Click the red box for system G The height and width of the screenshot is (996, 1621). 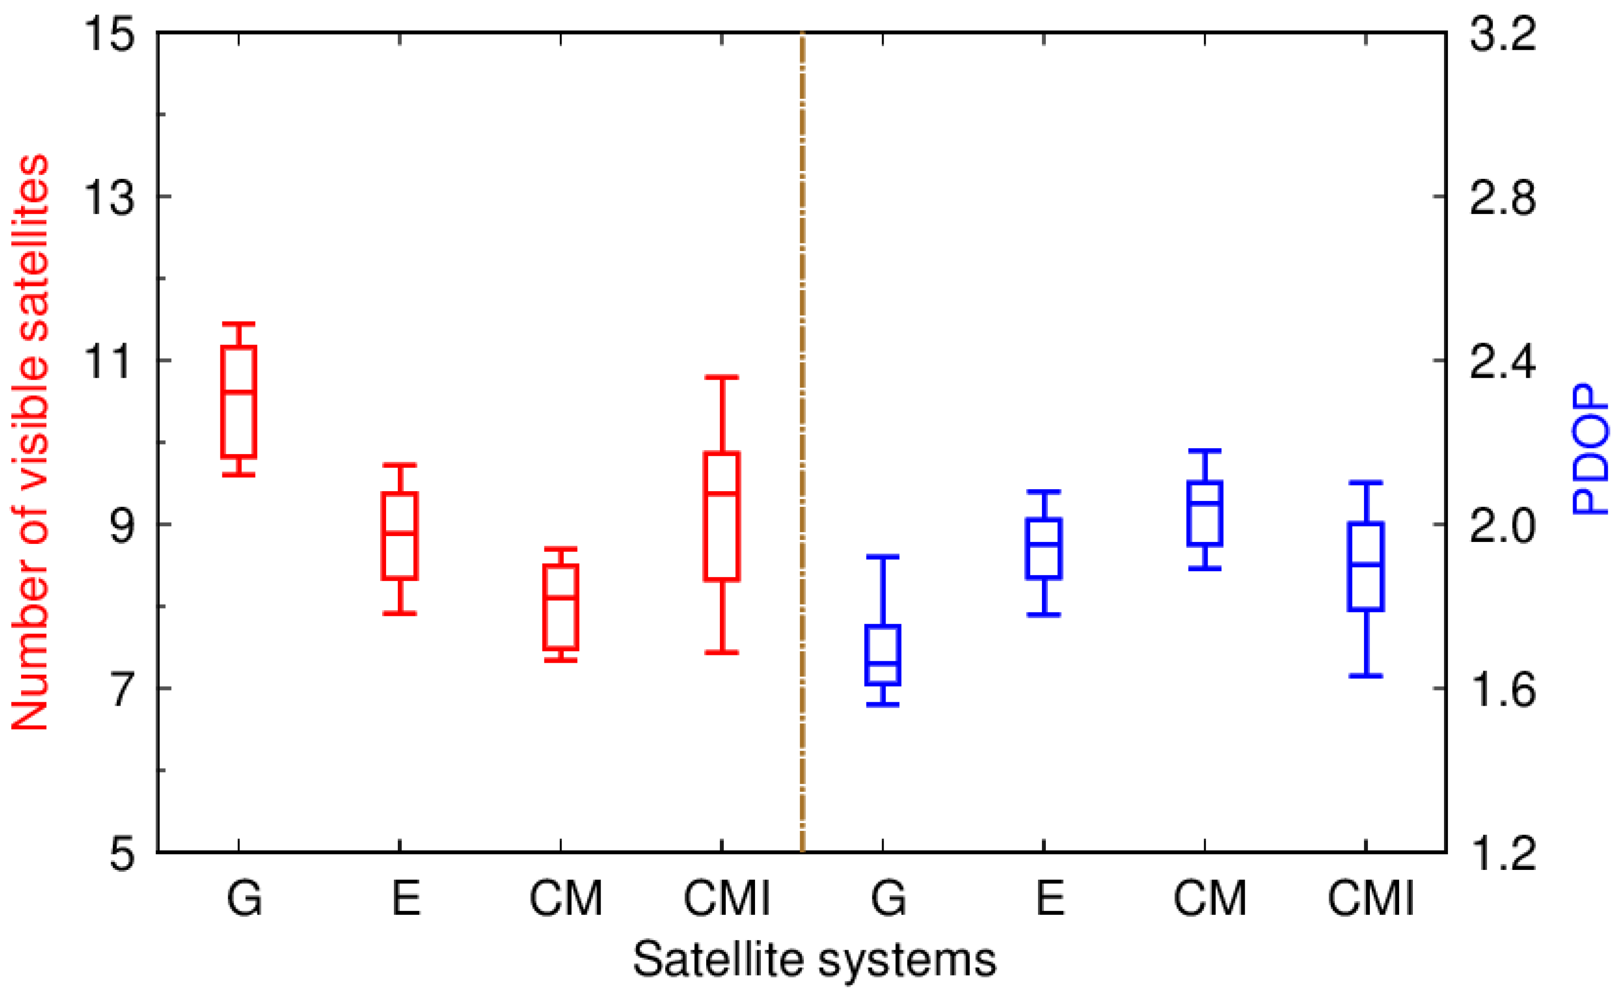(238, 401)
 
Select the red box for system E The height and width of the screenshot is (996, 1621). (400, 536)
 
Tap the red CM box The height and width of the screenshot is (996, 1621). (561, 606)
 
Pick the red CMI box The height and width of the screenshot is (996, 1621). (722, 517)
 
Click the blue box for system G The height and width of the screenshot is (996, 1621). (883, 655)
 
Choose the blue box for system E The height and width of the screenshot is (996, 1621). (1044, 549)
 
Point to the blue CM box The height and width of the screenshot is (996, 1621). (1205, 514)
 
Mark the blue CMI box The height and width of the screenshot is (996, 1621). (1366, 566)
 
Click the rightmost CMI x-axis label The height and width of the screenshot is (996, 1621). (1370, 899)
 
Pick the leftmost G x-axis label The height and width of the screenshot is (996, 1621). (244, 899)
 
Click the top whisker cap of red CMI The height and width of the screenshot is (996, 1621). (722, 377)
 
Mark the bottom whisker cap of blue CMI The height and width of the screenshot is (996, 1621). (1366, 676)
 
